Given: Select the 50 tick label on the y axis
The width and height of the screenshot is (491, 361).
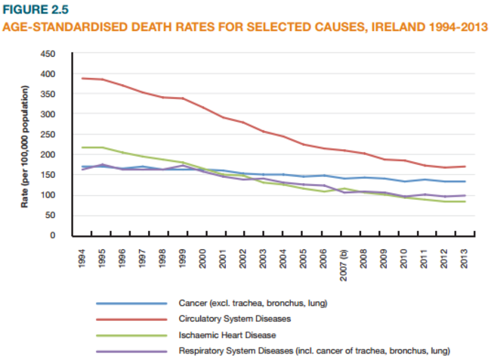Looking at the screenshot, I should coord(50,216).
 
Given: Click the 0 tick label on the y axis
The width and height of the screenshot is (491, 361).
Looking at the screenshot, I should coord(52,235).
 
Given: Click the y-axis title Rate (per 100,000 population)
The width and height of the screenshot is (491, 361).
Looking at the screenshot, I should coord(25,145).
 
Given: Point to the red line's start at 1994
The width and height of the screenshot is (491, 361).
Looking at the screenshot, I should coord(83,78).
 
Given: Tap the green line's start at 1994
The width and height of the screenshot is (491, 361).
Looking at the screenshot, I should coord(83,148).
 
